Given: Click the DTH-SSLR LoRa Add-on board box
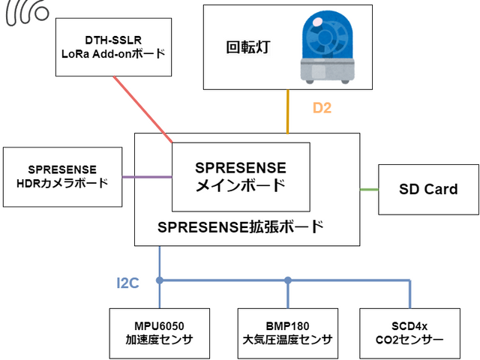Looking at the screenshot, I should (112, 46).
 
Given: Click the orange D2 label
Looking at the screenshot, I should (322, 108).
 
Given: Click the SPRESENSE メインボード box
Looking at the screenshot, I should (240, 176).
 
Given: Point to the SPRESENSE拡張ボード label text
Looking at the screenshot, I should (241, 227).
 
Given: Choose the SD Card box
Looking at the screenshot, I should (428, 189).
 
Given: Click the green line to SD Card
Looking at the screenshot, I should (369, 189).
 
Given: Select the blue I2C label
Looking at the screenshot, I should (127, 283).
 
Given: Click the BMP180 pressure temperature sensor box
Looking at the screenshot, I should (288, 333).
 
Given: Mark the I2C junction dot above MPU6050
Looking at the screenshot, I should (160, 281).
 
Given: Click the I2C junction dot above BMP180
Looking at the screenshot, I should (288, 281).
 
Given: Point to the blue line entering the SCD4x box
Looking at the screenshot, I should (410, 296).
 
